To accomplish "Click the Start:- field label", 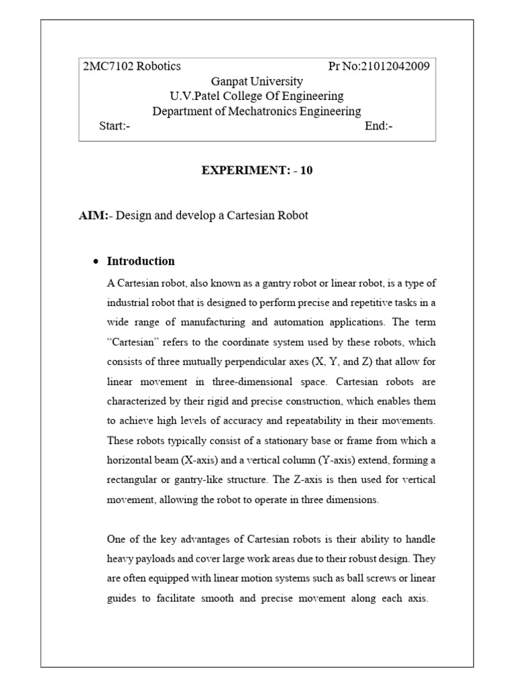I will (115, 126).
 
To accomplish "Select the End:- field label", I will (379, 126).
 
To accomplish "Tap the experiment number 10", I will (306, 170).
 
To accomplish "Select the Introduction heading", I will (141, 261).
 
